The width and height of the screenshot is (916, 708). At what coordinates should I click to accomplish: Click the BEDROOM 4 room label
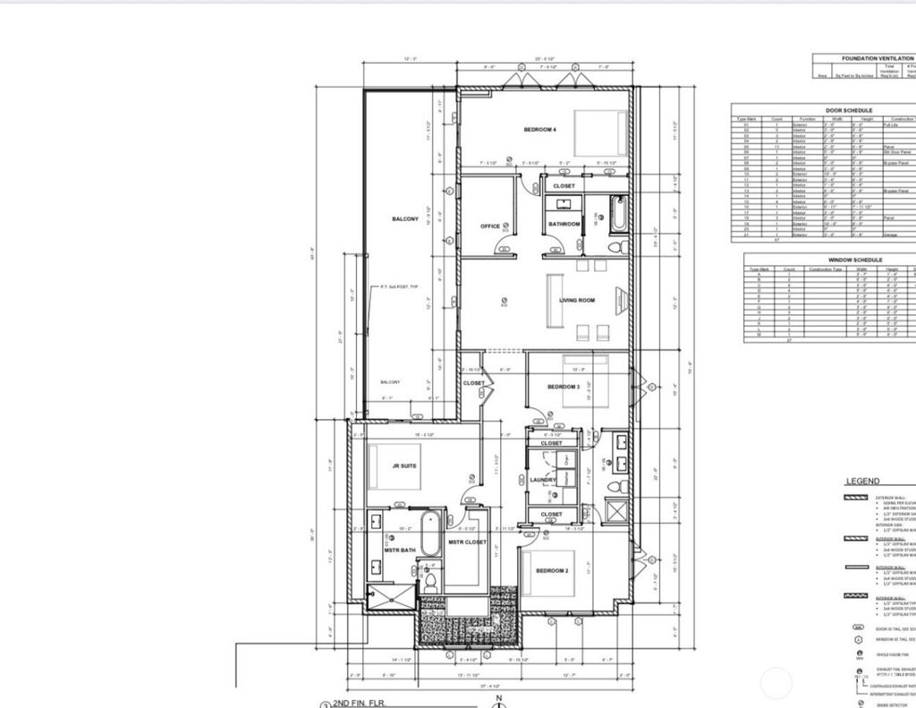pos(539,130)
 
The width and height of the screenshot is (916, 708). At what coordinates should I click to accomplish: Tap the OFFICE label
pos(490,226)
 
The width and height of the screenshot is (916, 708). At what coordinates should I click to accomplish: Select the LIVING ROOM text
pos(577,301)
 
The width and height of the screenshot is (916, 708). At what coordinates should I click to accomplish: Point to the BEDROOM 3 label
pos(564,387)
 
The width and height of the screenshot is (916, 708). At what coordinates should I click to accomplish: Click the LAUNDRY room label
pos(543,480)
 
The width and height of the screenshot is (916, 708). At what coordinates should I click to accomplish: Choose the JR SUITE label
pos(404,465)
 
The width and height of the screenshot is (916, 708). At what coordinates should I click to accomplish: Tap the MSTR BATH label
pos(400,550)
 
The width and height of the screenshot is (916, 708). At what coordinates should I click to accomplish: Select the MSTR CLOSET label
pos(466,542)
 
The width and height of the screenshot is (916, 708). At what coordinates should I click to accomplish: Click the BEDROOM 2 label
pos(552,570)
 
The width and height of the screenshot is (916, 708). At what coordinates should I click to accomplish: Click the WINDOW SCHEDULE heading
pos(829,260)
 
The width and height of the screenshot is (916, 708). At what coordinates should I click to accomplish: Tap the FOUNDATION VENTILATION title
pos(877,58)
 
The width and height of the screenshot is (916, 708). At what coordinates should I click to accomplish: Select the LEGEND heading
pos(862,482)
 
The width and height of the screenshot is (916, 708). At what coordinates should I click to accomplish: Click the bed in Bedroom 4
pos(600,133)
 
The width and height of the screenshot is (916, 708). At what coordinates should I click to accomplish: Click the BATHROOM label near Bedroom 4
pos(564,224)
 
